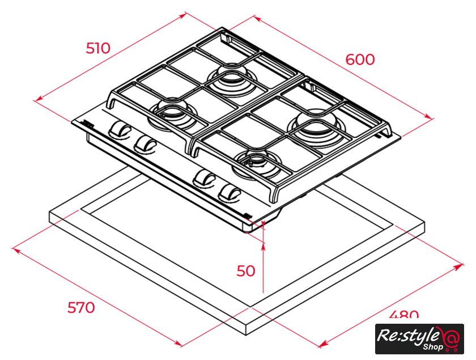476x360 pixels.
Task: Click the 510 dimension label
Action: (98, 48)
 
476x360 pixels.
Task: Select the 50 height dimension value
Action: (246, 271)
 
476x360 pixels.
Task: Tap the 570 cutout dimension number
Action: (81, 308)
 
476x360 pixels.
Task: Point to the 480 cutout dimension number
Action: (404, 315)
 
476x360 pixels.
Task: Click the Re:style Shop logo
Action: (419, 338)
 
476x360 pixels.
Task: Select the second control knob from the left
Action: (145, 143)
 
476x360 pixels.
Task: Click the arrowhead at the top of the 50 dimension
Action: (264, 244)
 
